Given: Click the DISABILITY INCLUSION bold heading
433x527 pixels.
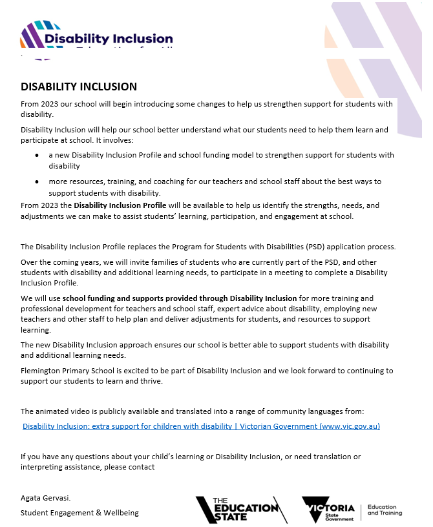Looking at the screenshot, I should (x=79, y=87).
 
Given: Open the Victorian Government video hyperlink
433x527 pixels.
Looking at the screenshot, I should (x=200, y=426).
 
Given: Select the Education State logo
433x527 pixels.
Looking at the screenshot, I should (x=241, y=510).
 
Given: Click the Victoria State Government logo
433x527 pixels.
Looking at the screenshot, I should (x=329, y=510).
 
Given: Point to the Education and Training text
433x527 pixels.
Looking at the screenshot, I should (x=385, y=510).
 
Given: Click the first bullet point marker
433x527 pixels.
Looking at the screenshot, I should (x=36, y=156).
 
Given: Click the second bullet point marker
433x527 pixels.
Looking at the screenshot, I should (x=36, y=182).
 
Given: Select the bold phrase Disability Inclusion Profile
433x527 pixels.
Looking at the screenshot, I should (x=120, y=205).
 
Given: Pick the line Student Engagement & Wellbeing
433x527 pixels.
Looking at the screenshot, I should (x=79, y=513).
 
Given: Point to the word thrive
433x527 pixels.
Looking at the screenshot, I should (x=153, y=381).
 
